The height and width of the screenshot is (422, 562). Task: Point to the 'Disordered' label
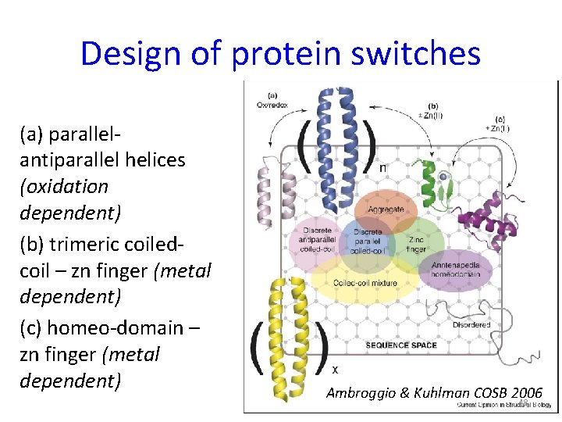pyautogui.click(x=471, y=324)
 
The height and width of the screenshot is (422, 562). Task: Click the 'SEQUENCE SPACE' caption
pyautogui.click(x=400, y=345)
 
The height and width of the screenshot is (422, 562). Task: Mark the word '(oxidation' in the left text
pyautogui.click(x=63, y=187)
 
